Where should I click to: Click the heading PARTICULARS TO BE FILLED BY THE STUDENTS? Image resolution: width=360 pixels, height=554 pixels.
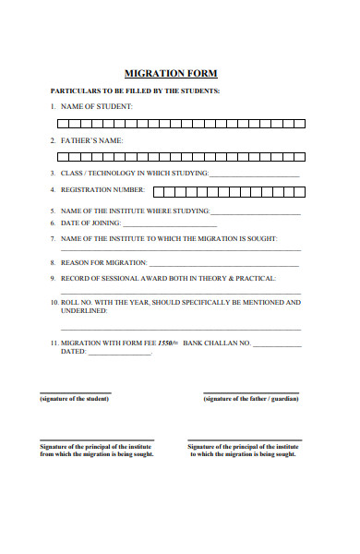(135, 91)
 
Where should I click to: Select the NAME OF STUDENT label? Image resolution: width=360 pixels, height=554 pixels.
(97, 107)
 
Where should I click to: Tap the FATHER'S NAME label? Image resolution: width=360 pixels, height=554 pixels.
(91, 140)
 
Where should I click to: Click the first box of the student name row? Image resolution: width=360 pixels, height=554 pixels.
(63, 123)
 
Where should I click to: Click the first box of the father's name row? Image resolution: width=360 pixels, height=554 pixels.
(63, 156)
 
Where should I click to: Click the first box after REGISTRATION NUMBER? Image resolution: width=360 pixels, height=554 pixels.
(158, 192)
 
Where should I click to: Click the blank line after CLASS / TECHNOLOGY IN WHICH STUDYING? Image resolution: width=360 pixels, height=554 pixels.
(255, 175)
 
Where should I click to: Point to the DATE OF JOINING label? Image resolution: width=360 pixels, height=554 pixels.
(90, 223)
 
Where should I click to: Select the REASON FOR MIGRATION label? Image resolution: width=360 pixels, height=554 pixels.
(103, 262)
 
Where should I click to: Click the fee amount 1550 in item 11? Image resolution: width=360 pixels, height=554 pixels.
(167, 343)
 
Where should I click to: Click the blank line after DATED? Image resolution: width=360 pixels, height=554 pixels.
(120, 354)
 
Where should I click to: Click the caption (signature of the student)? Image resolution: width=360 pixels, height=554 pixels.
(74, 399)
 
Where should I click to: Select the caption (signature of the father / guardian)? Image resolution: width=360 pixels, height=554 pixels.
(251, 399)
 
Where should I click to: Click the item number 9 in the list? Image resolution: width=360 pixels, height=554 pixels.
(53, 278)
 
